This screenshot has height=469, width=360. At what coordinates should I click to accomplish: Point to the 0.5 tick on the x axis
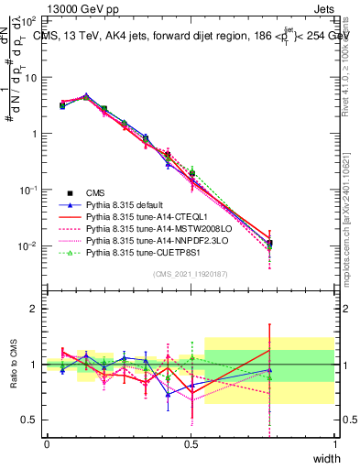point(191,444)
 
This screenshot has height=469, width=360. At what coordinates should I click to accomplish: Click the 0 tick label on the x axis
point(47,444)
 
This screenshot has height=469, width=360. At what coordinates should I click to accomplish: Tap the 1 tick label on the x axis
point(334,444)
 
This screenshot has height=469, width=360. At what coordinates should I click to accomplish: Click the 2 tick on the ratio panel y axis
point(35,309)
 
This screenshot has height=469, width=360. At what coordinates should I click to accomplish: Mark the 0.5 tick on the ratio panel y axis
point(30,420)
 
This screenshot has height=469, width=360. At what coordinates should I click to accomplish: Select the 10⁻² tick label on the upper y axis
point(28,246)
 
